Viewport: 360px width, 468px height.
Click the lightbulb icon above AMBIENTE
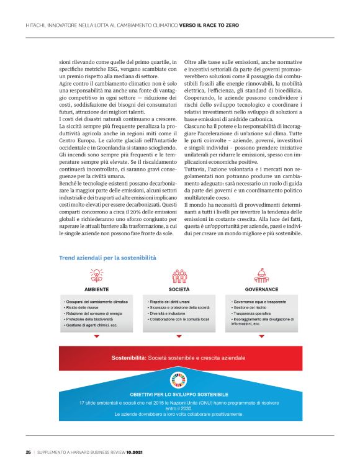[96, 276]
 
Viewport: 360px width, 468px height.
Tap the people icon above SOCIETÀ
[179, 276]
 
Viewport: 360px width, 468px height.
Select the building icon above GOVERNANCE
[261, 276]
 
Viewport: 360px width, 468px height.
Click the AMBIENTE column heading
[96, 289]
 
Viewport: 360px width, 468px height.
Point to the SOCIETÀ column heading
[179, 289]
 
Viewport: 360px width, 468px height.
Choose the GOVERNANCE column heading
[261, 289]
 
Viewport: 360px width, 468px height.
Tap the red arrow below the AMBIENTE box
[96, 336]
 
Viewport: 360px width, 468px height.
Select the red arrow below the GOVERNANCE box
[261, 336]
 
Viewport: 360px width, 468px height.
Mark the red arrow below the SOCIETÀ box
[179, 336]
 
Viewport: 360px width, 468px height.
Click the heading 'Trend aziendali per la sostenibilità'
[107, 257]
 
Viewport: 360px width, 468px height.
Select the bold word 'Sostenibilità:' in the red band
[128, 358]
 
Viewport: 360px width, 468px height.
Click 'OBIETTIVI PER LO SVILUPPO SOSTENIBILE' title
[179, 394]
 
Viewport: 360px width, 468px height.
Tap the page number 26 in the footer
[29, 451]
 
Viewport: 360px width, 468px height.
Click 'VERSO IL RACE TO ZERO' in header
[209, 25]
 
